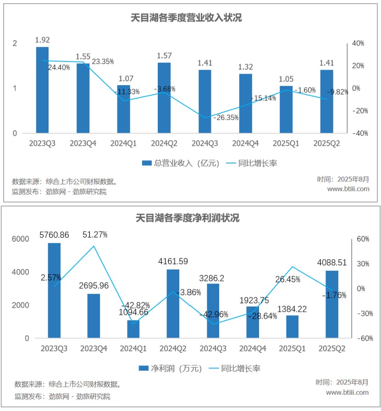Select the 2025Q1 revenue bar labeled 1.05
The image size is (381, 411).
pos(286,110)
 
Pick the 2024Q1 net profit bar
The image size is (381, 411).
pos(133,329)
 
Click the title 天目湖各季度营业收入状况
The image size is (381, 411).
pos(187,18)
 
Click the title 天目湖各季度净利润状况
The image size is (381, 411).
pos(188,218)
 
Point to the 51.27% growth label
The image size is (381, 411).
pos(95,235)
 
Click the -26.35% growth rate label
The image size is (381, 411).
pos(226,118)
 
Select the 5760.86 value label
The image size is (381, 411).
pos(54,235)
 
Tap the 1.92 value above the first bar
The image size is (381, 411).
pos(42,39)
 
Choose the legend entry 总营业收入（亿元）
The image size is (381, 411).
pos(181,163)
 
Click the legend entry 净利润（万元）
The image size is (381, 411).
pos(170,368)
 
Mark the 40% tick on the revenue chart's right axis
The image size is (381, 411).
pos(358,44)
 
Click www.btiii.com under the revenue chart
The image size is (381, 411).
pos(348,189)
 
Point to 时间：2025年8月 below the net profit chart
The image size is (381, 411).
pos(342,382)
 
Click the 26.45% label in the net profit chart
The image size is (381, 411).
pos(288,279)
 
